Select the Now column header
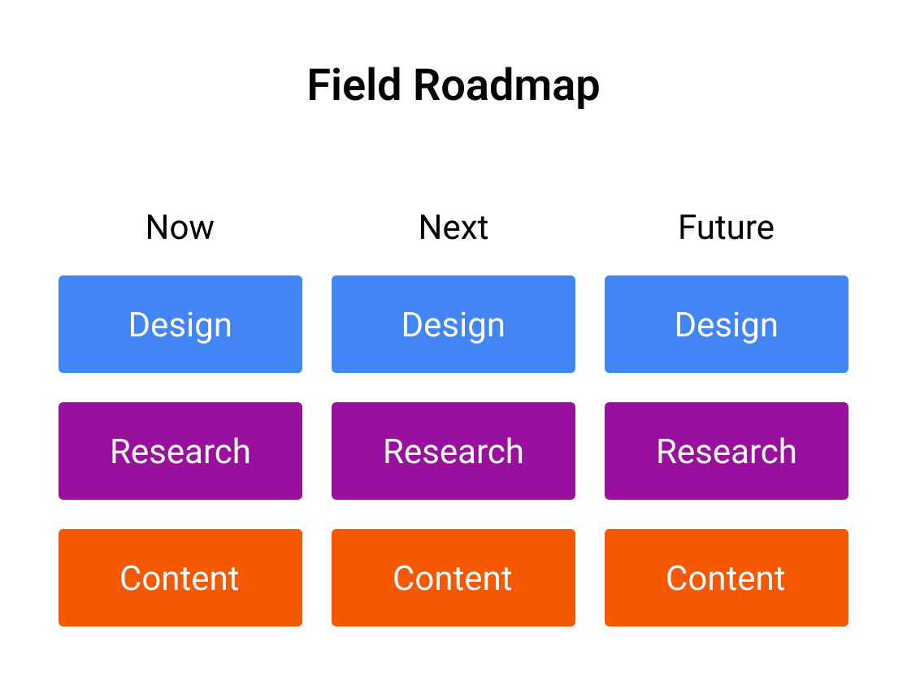[x=180, y=228]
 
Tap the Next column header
[x=453, y=228]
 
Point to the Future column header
[x=726, y=228]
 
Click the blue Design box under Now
[x=180, y=324]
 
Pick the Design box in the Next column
[x=453, y=324]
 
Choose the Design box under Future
[x=727, y=324]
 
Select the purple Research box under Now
[x=180, y=451]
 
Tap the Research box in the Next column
[x=453, y=451]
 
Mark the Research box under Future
[x=727, y=451]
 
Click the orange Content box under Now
[x=180, y=578]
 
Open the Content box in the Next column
[x=453, y=578]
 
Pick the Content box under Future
[x=727, y=578]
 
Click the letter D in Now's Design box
[x=139, y=325]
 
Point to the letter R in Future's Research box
[x=667, y=452]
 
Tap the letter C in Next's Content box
[x=405, y=579]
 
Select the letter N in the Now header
[x=158, y=228]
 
